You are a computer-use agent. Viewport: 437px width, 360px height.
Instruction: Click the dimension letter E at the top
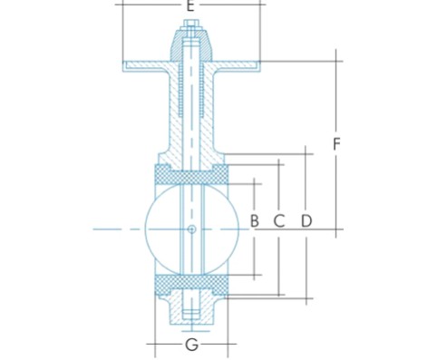click(x=190, y=5)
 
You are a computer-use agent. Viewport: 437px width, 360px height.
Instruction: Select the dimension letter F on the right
click(x=336, y=143)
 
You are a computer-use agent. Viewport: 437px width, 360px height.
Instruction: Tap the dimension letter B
click(x=255, y=220)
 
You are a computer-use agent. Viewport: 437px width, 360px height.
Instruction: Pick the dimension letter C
click(x=279, y=220)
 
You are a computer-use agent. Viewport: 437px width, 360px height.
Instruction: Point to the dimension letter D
click(x=306, y=220)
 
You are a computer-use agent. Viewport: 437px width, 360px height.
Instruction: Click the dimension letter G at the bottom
click(x=191, y=345)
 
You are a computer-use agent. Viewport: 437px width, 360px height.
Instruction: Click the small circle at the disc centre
click(x=191, y=229)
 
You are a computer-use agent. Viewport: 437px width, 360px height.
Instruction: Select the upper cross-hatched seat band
click(x=191, y=174)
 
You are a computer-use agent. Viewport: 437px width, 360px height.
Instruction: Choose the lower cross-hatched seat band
click(x=191, y=285)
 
